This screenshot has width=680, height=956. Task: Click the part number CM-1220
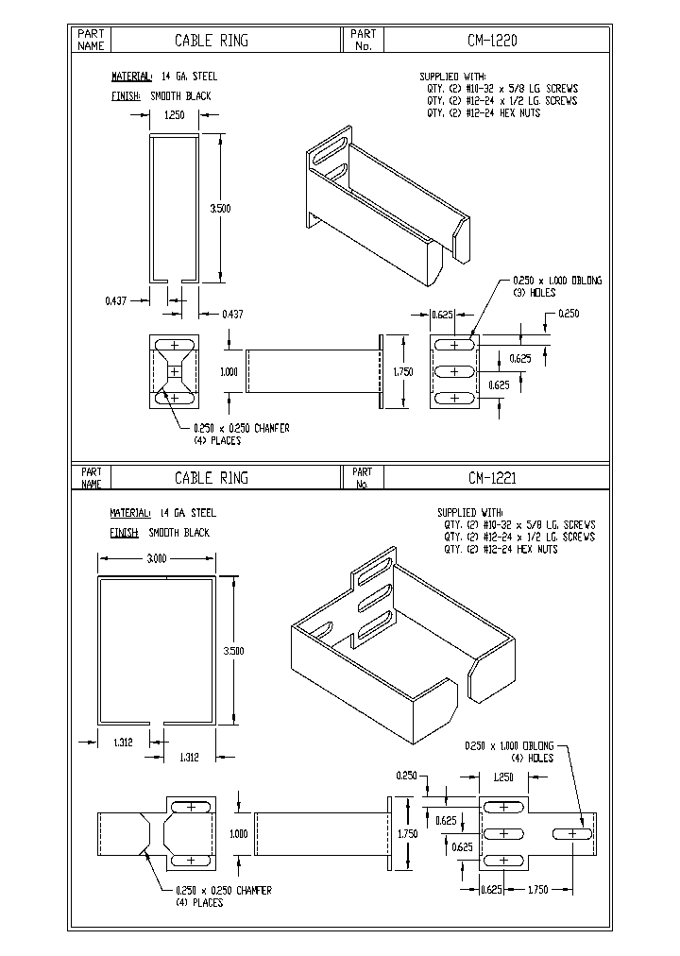pos(493,41)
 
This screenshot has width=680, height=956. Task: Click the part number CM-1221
pos(492,478)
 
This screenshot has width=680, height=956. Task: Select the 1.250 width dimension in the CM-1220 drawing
pos(174,115)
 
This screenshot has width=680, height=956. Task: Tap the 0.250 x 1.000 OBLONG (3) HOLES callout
pos(556,286)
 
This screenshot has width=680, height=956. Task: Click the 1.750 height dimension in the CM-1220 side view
pos(403,372)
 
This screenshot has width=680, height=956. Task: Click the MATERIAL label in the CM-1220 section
pos(131,76)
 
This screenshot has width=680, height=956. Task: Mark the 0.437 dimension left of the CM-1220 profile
pos(116,300)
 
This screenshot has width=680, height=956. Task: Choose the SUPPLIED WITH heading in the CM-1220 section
pos(453,76)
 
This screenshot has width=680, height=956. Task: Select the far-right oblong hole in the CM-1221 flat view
pos(573,834)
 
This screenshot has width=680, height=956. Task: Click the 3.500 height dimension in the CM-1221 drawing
pos(233,650)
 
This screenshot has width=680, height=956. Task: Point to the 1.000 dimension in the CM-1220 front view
pos(229,372)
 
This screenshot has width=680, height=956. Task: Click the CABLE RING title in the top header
pos(212,41)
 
